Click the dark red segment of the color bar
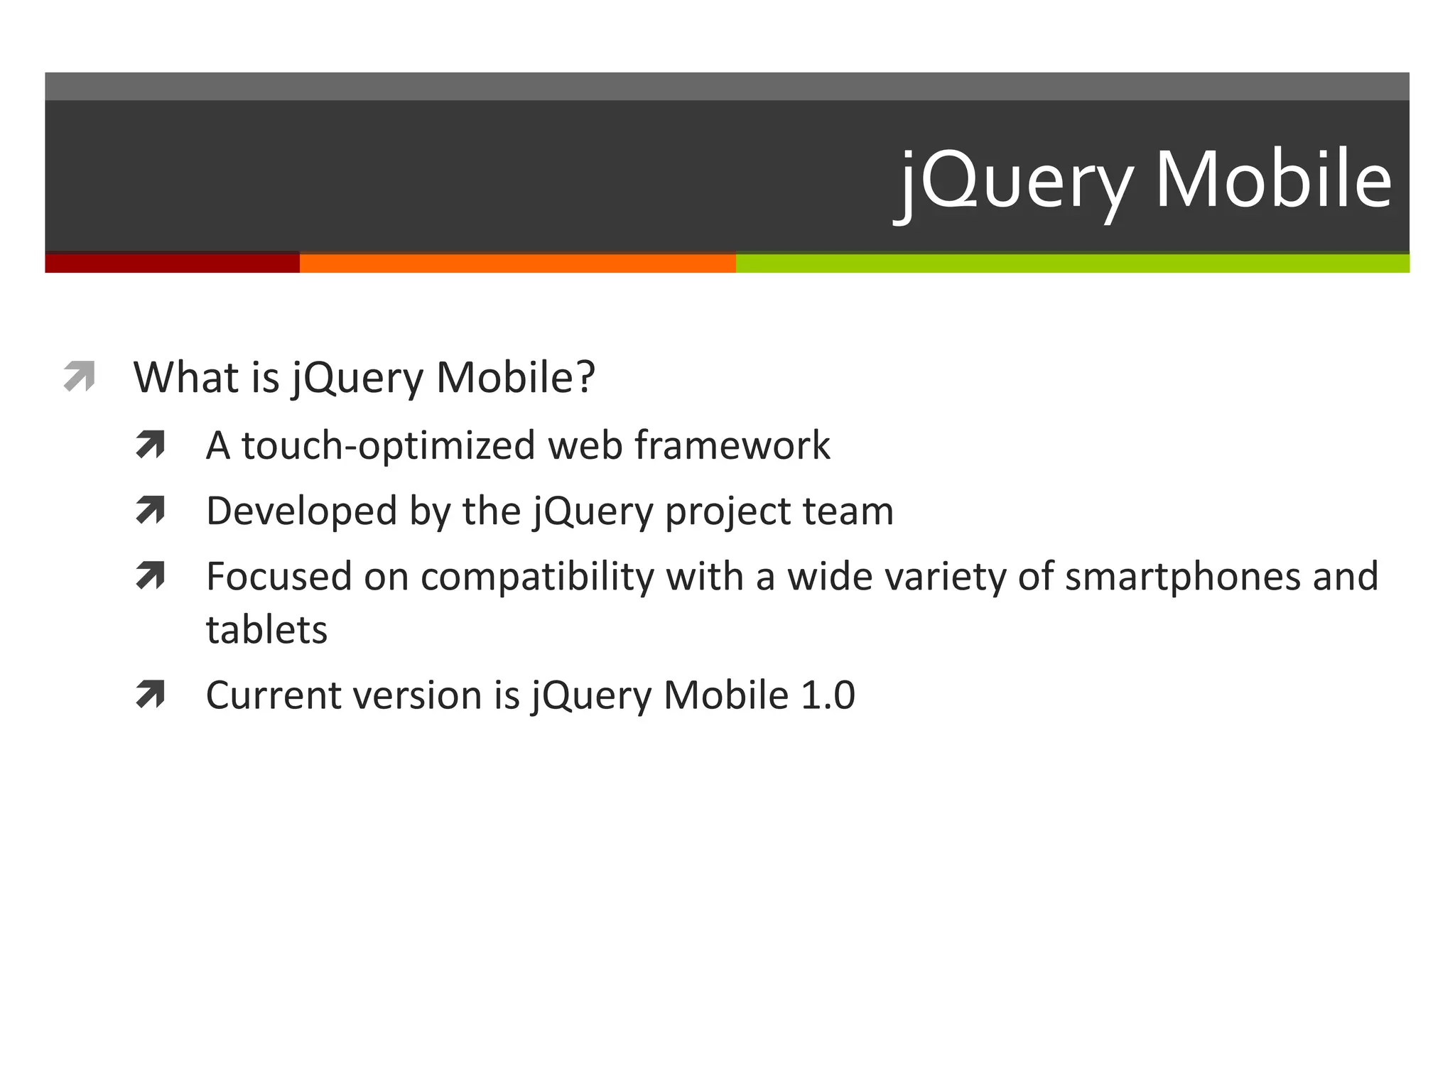pyautogui.click(x=172, y=264)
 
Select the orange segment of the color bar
pyautogui.click(x=517, y=264)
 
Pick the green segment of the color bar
pyautogui.click(x=1073, y=264)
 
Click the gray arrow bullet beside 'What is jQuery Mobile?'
pyautogui.click(x=79, y=376)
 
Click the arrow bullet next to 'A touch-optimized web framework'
pyautogui.click(x=151, y=445)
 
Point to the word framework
pyautogui.click(x=732, y=445)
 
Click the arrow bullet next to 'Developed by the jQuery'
pyautogui.click(x=151, y=511)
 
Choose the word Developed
pyautogui.click(x=301, y=511)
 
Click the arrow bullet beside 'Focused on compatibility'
pyautogui.click(x=151, y=576)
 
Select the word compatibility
pyautogui.click(x=537, y=577)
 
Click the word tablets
pyautogui.click(x=266, y=630)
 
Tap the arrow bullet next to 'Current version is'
pyautogui.click(x=151, y=695)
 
